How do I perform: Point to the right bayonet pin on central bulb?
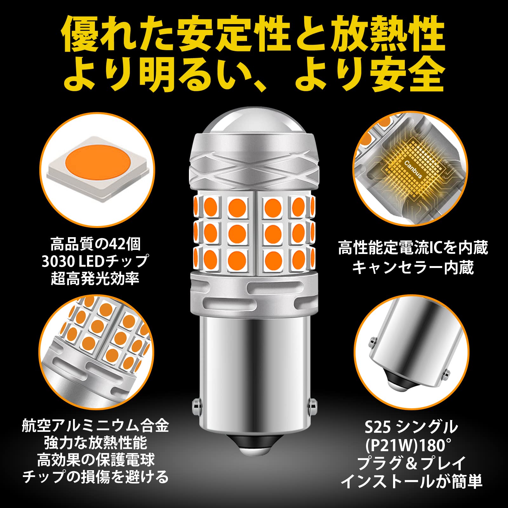click(x=312, y=404)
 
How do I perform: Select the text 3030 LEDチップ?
click(x=95, y=261)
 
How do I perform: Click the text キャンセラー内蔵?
click(x=413, y=267)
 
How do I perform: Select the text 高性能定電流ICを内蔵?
click(x=413, y=248)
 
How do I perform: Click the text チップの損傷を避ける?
click(x=95, y=477)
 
